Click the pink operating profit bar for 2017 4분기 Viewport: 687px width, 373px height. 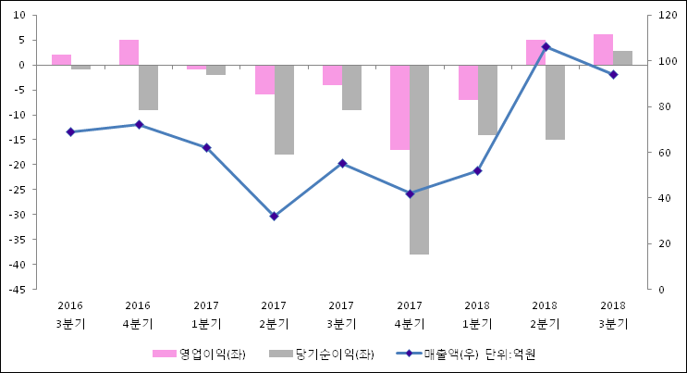pyautogui.click(x=399, y=107)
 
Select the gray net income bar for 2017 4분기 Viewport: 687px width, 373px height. pyautogui.click(x=419, y=159)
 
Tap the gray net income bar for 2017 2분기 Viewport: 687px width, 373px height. pyautogui.click(x=284, y=109)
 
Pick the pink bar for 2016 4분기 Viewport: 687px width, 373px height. pyautogui.click(x=129, y=53)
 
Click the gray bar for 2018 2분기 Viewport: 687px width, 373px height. pyautogui.click(x=555, y=102)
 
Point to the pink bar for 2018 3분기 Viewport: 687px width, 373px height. pyautogui.click(x=603, y=50)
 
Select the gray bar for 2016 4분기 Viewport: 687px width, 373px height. pyautogui.click(x=148, y=87)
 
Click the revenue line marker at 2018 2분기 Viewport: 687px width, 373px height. pyautogui.click(x=546, y=46)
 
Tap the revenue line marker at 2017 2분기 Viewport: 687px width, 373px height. pyautogui.click(x=274, y=216)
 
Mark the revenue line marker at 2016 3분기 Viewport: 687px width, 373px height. pyautogui.click(x=70, y=131)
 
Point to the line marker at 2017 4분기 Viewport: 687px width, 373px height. pyautogui.click(x=410, y=193)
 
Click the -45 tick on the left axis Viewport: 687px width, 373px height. pyautogui.click(x=17, y=290)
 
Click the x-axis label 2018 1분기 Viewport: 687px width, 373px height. pyautogui.click(x=477, y=315)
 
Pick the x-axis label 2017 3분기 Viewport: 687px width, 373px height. pyautogui.click(x=341, y=315)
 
